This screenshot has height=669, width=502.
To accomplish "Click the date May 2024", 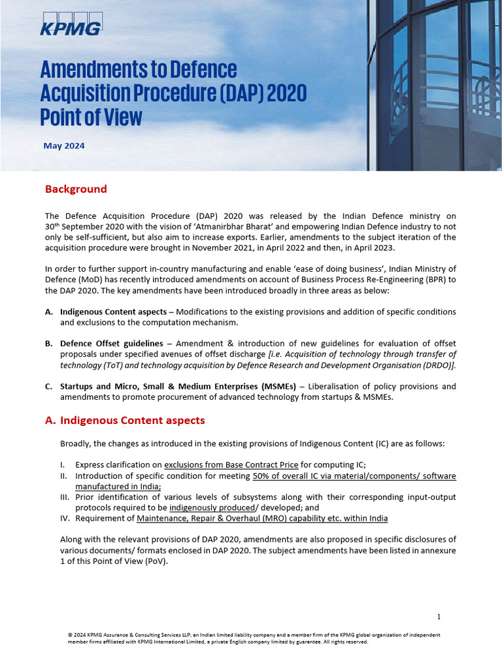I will coord(63,146).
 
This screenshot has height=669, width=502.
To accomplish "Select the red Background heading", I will coord(75,189).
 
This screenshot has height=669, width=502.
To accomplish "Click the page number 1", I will coord(439,617).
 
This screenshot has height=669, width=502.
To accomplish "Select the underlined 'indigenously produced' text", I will coord(211,507).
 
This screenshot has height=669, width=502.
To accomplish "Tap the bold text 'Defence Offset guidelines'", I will coord(111,344).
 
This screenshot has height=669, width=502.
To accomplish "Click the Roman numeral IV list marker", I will coord(65,518).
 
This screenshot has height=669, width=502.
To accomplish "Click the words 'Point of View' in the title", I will coord(91,118).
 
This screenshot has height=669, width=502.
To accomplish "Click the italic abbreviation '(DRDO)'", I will coord(438,365).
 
